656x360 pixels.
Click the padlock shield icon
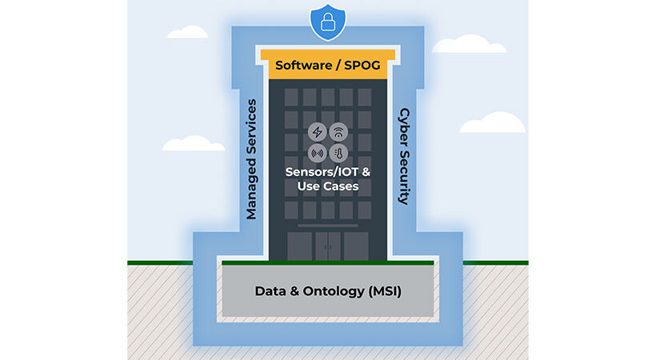[x=328, y=23]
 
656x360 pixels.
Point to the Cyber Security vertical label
[x=404, y=156]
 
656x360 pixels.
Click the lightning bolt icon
[x=316, y=132]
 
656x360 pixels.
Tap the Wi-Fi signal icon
[x=338, y=132]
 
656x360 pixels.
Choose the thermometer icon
[x=338, y=154]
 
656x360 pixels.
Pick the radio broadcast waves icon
[x=316, y=154]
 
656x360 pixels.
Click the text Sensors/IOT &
[x=327, y=172]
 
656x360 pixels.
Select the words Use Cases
[x=327, y=186]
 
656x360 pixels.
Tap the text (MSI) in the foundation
[x=382, y=291]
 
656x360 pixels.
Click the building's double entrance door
[x=327, y=246]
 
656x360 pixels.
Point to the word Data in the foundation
[x=270, y=291]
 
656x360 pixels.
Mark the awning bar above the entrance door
[x=327, y=226]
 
